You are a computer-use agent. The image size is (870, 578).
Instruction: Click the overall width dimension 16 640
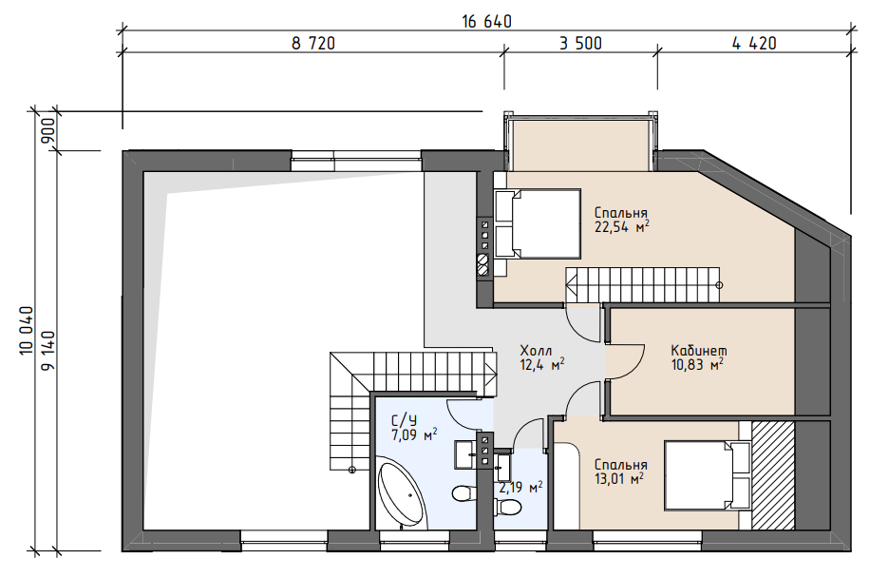tap(486, 22)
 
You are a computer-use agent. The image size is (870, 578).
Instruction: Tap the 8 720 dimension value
tap(313, 44)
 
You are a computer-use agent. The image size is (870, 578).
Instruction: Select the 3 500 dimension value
tap(580, 44)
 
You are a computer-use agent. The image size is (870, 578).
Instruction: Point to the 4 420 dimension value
tap(754, 44)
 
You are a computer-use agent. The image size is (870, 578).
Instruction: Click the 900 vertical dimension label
tap(48, 131)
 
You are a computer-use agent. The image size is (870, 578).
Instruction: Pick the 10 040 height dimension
tap(27, 331)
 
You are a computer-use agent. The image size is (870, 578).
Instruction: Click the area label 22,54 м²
tap(622, 227)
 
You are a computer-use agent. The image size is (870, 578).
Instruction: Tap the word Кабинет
tap(699, 351)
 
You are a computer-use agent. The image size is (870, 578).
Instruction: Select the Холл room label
tap(536, 351)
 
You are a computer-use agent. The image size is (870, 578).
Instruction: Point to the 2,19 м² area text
tap(520, 488)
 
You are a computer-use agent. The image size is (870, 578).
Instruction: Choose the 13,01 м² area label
tap(619, 478)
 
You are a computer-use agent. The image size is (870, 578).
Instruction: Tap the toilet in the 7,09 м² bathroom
tap(463, 492)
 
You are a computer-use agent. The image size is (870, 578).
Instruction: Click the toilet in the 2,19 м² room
tap(508, 507)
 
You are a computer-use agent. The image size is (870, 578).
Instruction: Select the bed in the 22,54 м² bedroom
tap(538, 223)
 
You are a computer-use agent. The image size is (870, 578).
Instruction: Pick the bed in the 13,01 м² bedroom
tap(708, 475)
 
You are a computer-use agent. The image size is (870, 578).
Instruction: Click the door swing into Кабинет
tap(625, 362)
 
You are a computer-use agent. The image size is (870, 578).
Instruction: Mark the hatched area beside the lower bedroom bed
tap(773, 475)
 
